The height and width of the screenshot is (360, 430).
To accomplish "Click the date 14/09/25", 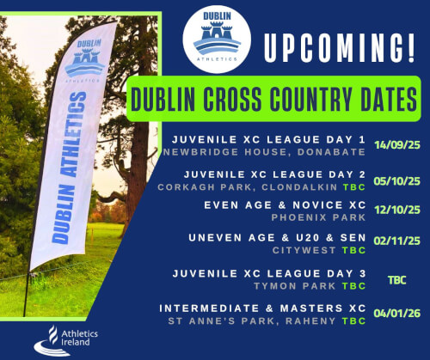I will [x=396, y=145].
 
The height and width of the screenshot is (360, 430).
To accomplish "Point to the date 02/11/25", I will [x=396, y=244].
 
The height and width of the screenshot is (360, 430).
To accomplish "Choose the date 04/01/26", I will [x=396, y=315].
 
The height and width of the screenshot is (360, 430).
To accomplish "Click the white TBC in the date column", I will [x=396, y=280].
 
